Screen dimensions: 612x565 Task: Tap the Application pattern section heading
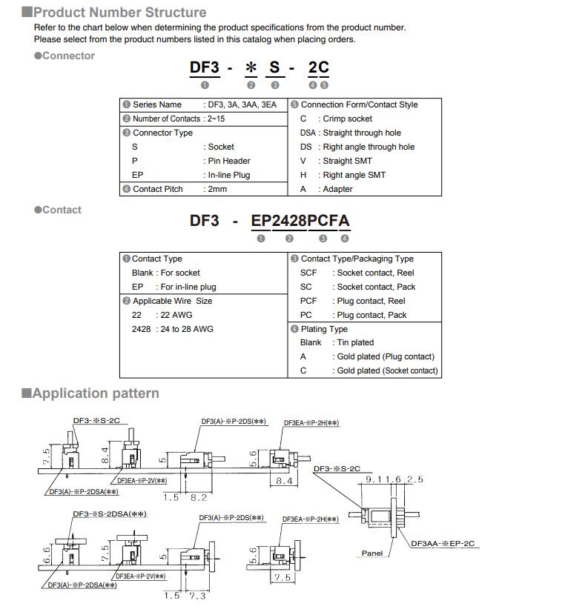pyautogui.click(x=95, y=393)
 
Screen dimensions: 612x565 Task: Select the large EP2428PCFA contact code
pyautogui.click(x=300, y=220)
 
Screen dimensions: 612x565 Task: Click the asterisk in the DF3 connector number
pyautogui.click(x=251, y=68)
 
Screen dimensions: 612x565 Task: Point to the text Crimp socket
pyautogui.click(x=348, y=119)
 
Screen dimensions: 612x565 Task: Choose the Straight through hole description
pyautogui.click(x=362, y=133)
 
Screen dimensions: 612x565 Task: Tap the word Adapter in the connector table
pyautogui.click(x=338, y=189)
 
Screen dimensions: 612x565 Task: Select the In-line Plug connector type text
pyautogui.click(x=229, y=175)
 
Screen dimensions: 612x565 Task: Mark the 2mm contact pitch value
pyautogui.click(x=217, y=189)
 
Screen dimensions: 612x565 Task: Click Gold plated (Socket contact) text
pyautogui.click(x=387, y=370)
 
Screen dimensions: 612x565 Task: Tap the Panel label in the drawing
pyautogui.click(x=372, y=553)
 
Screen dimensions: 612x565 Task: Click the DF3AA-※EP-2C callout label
pyautogui.click(x=445, y=545)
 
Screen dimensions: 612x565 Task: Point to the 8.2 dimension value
pyautogui.click(x=199, y=498)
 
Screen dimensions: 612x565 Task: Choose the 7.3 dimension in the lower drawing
pyautogui.click(x=198, y=596)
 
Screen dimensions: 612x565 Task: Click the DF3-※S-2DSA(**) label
pyautogui.click(x=108, y=513)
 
